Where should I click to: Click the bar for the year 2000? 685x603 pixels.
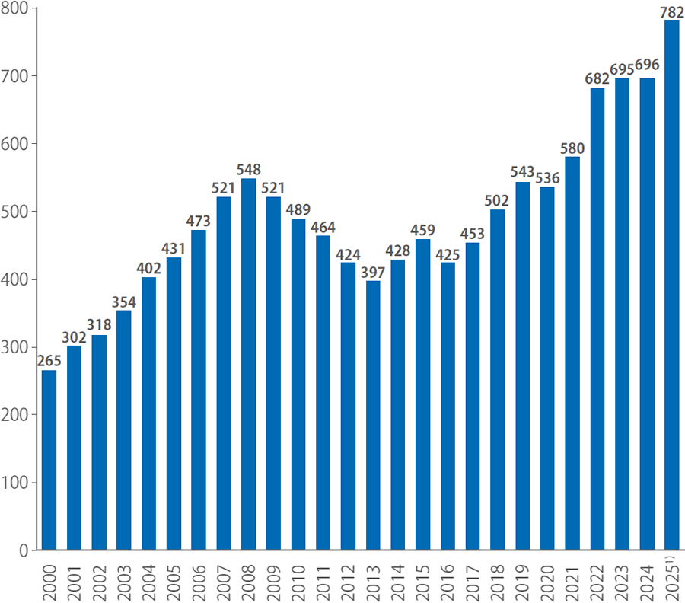click(x=49, y=460)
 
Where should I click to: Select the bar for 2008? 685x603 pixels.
click(x=248, y=364)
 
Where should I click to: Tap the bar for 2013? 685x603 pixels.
click(x=373, y=415)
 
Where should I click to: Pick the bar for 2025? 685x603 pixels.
click(x=672, y=285)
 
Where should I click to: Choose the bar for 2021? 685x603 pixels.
click(x=572, y=353)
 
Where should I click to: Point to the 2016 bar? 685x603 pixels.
click(x=448, y=406)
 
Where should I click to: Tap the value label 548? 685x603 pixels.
click(x=248, y=170)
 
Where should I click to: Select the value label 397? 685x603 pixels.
click(x=373, y=272)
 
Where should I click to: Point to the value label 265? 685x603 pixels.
click(x=49, y=361)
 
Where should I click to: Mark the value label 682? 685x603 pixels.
click(x=597, y=79)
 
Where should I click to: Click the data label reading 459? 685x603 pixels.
click(x=422, y=229)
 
